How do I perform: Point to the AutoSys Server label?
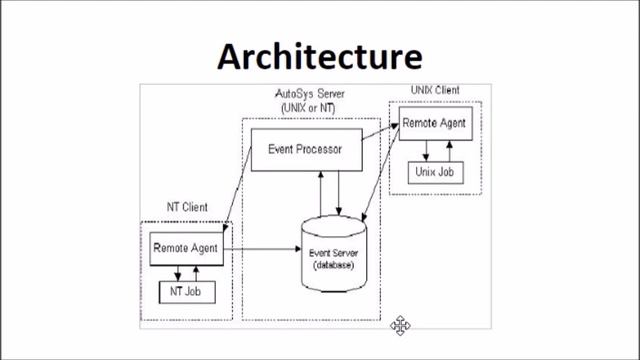pos(309,94)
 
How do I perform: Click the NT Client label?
pos(187,207)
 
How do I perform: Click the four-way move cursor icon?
pos(399,324)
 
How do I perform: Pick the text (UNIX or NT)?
pos(309,106)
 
